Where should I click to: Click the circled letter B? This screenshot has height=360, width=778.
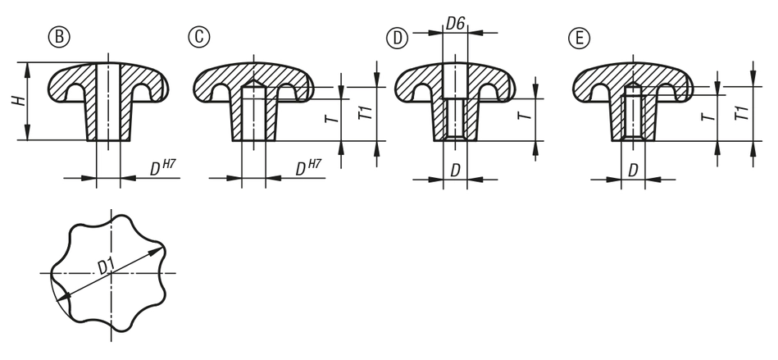59,38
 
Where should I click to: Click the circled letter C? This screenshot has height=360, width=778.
199,38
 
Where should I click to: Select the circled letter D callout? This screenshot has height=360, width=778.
397,39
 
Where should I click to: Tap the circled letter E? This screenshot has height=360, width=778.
579,39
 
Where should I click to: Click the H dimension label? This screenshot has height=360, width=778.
18,102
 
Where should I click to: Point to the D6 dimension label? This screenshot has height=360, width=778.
455,23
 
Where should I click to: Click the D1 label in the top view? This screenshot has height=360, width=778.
106,267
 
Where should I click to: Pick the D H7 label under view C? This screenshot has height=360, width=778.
308,168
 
